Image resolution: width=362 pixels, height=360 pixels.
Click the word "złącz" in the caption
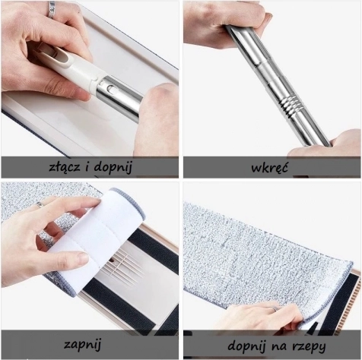tap(65, 167)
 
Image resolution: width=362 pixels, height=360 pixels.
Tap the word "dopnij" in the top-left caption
tap(113, 168)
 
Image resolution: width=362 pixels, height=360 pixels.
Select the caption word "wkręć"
tap(269, 168)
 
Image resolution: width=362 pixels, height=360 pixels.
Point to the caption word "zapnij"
tap(82, 345)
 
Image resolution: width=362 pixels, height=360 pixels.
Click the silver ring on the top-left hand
tap(52, 10)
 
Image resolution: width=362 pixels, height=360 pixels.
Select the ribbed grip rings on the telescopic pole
tap(291, 103)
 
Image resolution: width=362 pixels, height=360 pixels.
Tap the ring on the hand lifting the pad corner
tap(275, 308)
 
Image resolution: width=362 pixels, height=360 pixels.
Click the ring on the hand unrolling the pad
tap(40, 205)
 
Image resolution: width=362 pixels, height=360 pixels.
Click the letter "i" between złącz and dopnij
tap(87, 167)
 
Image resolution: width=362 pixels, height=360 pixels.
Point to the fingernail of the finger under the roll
tap(82, 258)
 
